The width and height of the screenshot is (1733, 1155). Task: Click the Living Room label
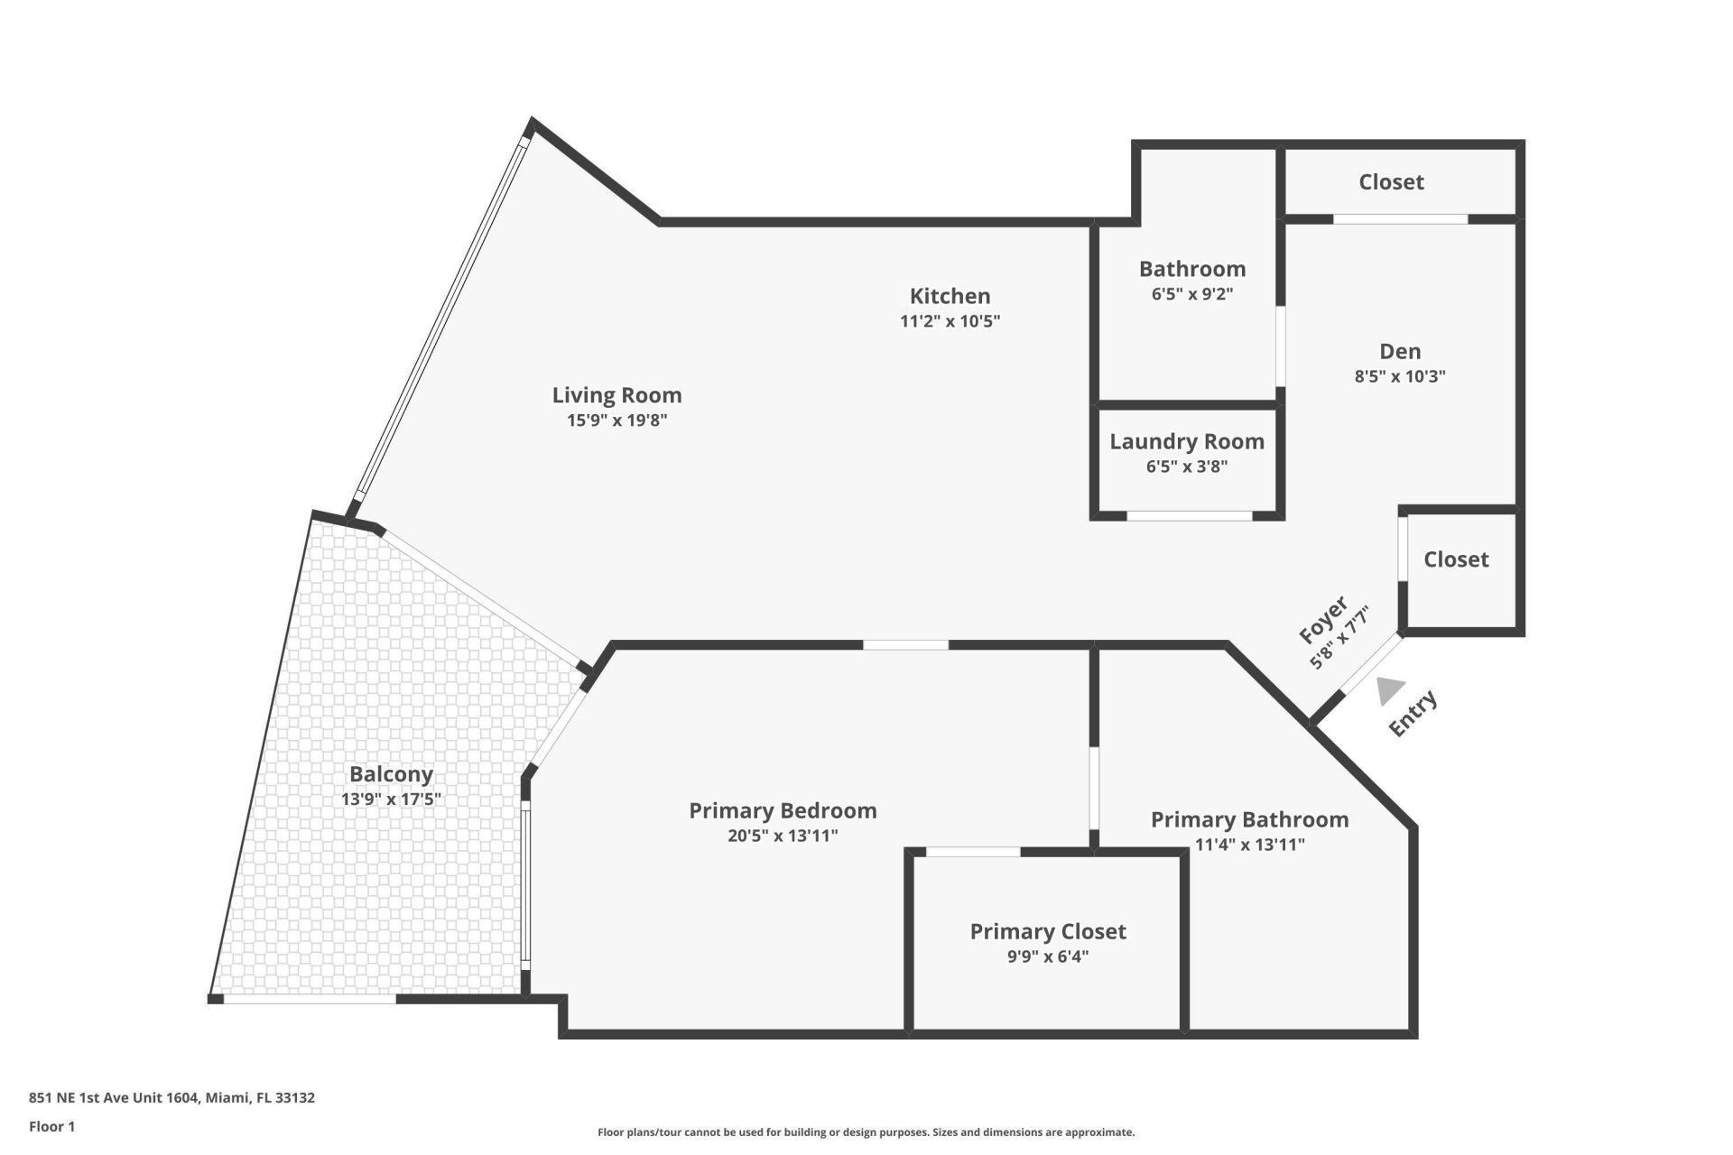616,395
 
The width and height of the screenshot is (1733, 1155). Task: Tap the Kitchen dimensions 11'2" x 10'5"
950,321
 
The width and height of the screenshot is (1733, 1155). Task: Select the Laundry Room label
1186,441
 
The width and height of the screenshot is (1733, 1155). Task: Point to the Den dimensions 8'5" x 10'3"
1399,376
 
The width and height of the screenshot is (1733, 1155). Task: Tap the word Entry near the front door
1412,713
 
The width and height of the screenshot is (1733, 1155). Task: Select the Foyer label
1323,619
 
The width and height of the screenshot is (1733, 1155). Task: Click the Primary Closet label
1047,931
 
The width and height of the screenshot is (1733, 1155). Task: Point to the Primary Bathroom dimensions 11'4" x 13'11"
1249,845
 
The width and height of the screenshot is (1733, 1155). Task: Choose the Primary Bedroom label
783,810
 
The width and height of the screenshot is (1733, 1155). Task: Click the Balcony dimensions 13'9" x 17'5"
391,799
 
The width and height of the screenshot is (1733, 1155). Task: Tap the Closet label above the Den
1391,182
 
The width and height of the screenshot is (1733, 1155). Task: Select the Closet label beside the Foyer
1455,559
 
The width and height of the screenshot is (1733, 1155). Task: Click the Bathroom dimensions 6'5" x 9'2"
1191,293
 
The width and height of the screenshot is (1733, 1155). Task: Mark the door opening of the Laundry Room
1189,516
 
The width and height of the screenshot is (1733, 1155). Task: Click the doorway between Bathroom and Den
1280,346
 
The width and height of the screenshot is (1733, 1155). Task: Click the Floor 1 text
51,1126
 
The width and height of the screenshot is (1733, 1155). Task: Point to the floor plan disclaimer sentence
866,1132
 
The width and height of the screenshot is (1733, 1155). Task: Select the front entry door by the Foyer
1371,666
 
